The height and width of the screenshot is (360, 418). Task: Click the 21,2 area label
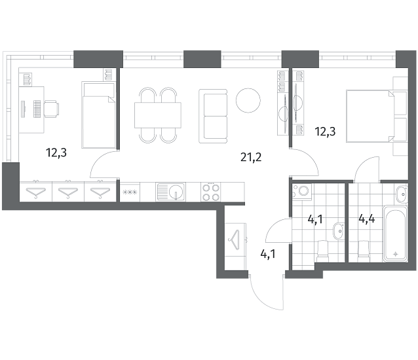pyautogui.click(x=251, y=157)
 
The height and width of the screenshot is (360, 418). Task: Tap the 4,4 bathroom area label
pyautogui.click(x=367, y=219)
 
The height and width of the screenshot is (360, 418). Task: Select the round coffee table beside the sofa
pyautogui.click(x=248, y=100)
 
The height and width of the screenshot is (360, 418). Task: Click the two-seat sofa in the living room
pyautogui.click(x=213, y=116)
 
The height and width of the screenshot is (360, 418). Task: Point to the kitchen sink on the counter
pyautogui.click(x=171, y=191)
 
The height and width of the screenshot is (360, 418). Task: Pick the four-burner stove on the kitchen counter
pyautogui.click(x=211, y=192)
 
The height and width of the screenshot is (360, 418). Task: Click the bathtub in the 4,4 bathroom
pyautogui.click(x=395, y=234)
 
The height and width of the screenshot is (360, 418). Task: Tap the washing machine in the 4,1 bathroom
pyautogui.click(x=302, y=191)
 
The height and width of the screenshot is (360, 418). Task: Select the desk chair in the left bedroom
pyautogui.click(x=52, y=109)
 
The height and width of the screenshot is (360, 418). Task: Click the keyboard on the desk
pyautogui.click(x=37, y=109)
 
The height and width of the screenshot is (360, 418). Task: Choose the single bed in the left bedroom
pyautogui.click(x=99, y=115)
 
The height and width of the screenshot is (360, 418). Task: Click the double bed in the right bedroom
pyautogui.click(x=370, y=116)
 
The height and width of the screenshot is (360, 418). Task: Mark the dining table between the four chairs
pyautogui.click(x=158, y=115)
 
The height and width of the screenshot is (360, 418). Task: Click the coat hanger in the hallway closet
pyautogui.click(x=235, y=240)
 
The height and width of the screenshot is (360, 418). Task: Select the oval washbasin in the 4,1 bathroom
pyautogui.click(x=339, y=231)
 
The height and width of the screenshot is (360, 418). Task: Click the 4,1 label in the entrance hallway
pyautogui.click(x=268, y=254)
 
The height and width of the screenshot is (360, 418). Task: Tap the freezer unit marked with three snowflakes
pyautogui.click(x=130, y=191)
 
